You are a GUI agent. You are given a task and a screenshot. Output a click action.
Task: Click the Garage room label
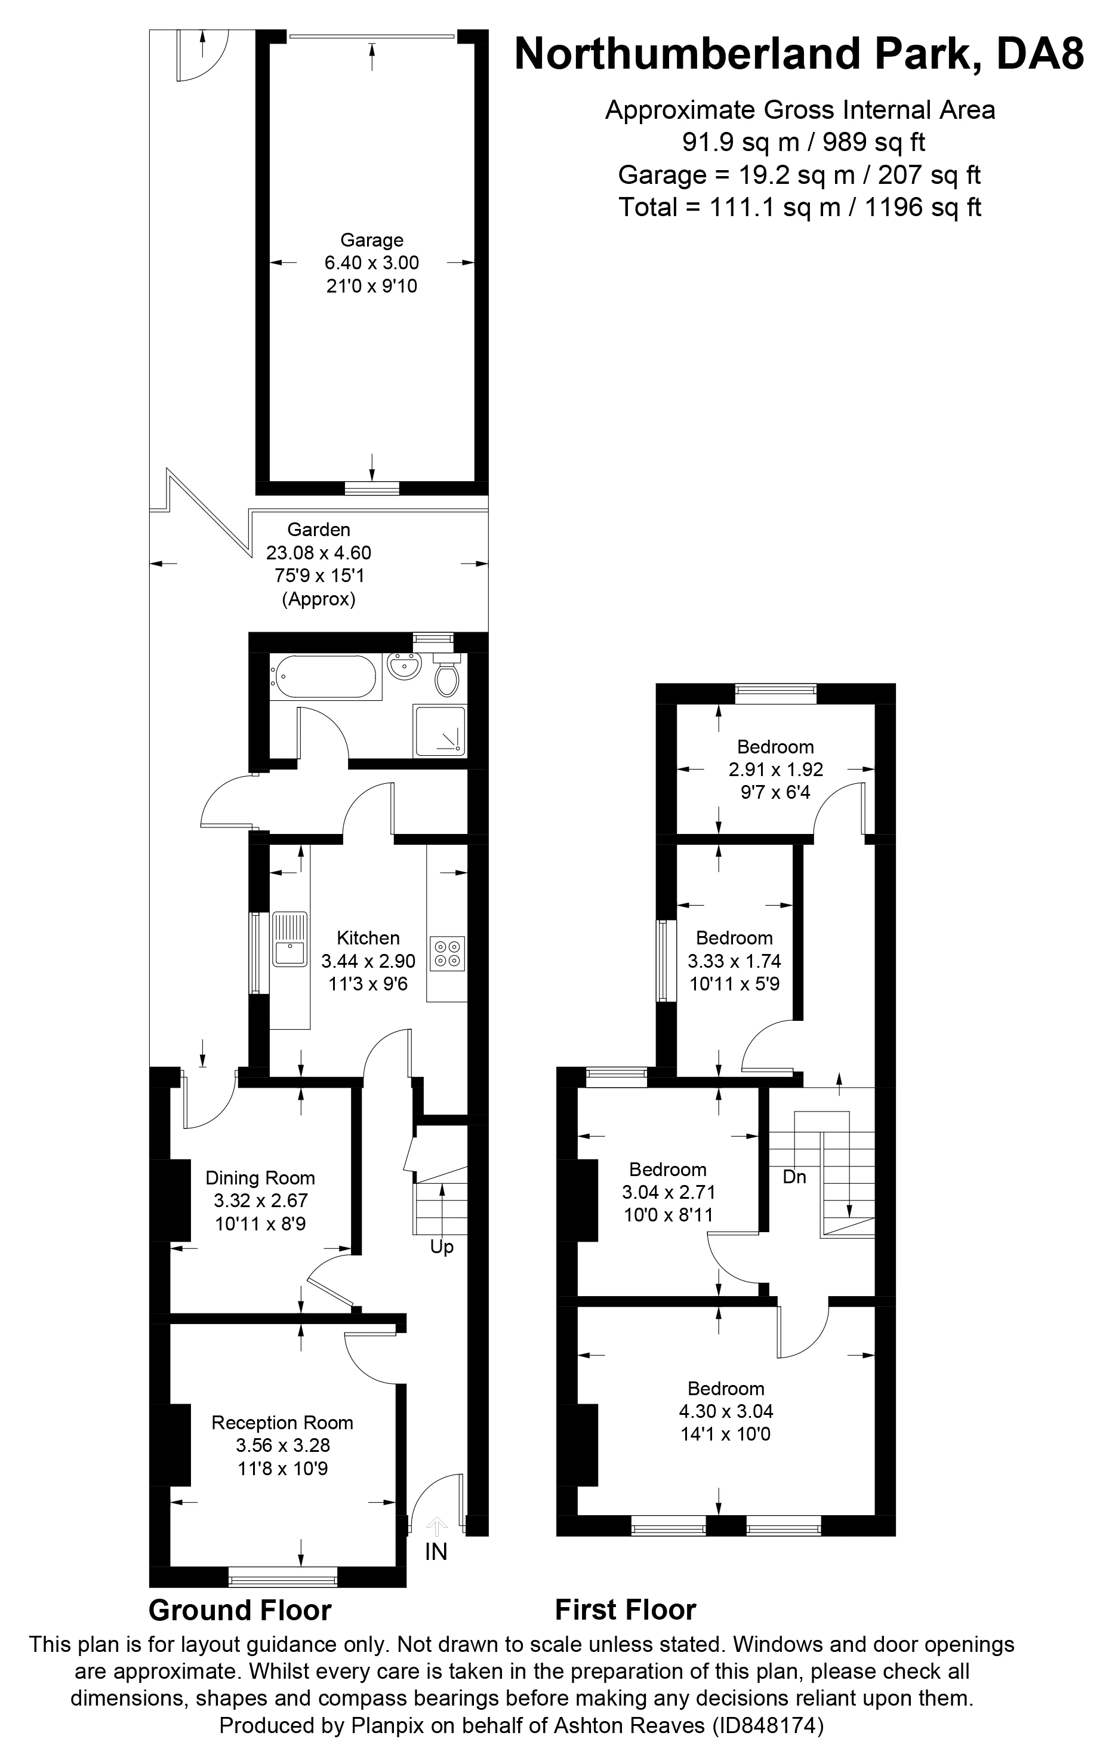point(372,240)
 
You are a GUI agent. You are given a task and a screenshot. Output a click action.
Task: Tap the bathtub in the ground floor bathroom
point(325,677)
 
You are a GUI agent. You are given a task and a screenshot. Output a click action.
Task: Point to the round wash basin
point(403,666)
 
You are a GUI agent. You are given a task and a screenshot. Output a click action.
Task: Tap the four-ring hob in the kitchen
point(446,954)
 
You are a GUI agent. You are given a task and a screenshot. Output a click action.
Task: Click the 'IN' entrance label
point(436,1552)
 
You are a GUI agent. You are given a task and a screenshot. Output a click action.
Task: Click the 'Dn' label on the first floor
point(794,1177)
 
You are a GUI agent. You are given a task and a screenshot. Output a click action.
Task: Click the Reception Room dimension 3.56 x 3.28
point(283,1445)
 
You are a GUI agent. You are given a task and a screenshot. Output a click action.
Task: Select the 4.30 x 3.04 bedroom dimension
point(726,1411)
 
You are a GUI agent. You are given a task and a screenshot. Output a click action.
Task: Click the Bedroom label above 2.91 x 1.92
point(775,747)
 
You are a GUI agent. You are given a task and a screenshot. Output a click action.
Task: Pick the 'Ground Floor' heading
point(240,1610)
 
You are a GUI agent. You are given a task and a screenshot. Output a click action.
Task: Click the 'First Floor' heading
point(626,1610)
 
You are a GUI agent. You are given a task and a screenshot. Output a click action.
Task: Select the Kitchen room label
point(368,938)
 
